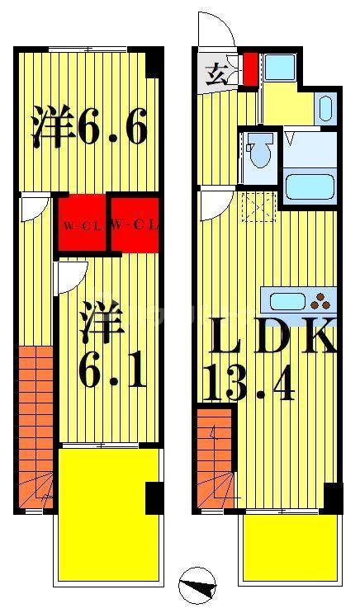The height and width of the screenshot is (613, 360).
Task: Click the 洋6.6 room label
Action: (89, 125)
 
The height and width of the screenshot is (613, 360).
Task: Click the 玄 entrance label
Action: (216, 74)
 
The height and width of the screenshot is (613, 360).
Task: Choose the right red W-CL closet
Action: (135, 224)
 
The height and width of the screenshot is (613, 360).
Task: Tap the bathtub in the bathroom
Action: (310, 187)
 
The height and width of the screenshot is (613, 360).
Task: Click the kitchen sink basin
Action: (287, 301)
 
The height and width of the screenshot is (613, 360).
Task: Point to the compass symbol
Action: (197, 587)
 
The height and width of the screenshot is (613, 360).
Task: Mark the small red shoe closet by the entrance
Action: (250, 68)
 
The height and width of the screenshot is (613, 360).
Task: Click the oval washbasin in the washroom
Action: (325, 108)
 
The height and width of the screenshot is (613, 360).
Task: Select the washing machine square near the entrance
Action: (279, 67)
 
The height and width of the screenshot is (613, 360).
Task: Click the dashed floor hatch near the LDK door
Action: (259, 207)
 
